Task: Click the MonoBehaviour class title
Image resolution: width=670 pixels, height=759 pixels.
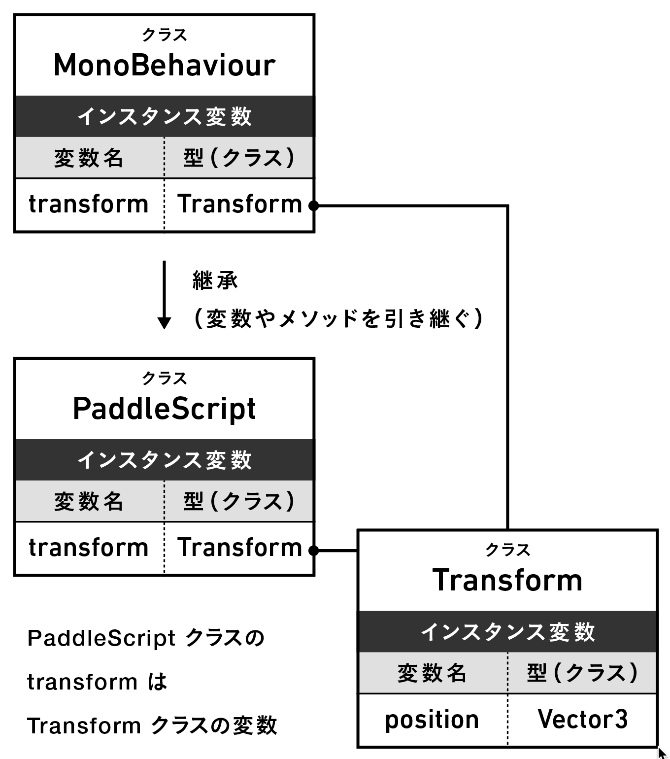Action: (x=164, y=65)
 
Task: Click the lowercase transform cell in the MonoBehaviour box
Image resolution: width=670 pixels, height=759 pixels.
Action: (x=89, y=204)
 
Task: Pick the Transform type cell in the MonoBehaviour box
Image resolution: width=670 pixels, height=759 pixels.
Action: (x=239, y=204)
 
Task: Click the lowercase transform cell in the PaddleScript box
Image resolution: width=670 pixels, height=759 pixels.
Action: (x=89, y=548)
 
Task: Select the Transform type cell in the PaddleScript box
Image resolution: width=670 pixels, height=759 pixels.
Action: (x=239, y=548)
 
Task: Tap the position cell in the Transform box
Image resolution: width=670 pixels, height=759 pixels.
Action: (x=432, y=720)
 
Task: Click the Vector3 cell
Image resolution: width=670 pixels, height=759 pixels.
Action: (x=582, y=720)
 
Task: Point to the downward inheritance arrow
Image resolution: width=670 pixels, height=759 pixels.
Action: (x=164, y=296)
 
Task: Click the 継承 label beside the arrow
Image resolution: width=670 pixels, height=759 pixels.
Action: (x=215, y=281)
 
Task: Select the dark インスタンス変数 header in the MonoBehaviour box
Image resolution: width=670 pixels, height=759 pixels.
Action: (x=164, y=117)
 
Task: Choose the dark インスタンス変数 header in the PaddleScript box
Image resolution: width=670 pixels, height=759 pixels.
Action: (x=164, y=460)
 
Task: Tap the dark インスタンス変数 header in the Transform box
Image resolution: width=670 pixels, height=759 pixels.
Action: (x=507, y=632)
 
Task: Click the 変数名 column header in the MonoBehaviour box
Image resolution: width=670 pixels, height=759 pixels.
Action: (x=89, y=158)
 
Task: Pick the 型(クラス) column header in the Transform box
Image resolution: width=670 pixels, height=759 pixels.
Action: (x=582, y=673)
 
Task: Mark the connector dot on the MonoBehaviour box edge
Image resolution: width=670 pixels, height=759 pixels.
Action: (x=313, y=206)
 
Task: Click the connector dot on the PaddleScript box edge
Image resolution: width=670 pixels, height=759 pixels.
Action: (x=313, y=550)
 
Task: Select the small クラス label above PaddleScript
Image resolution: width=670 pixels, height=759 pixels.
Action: (x=164, y=379)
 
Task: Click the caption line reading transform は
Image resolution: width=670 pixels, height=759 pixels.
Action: (x=97, y=682)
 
